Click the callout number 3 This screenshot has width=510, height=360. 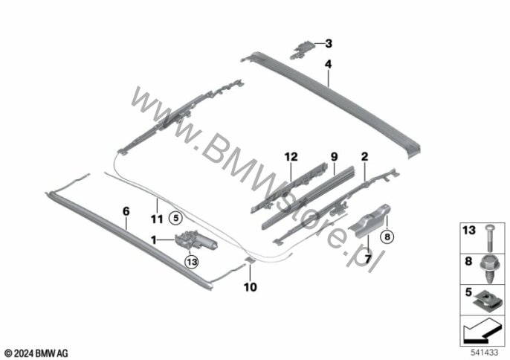point(329,43)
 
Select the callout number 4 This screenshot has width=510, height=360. point(328,64)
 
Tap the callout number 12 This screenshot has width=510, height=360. point(291,157)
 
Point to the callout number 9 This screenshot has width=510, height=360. point(335,157)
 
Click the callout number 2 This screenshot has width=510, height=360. point(364,157)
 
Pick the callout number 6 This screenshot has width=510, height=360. point(126,211)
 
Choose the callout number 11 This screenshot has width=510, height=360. point(157,219)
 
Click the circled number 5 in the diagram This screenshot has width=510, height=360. point(176,219)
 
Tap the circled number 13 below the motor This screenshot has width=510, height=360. point(191,261)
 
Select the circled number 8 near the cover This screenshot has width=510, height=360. point(387,237)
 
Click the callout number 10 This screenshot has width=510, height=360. point(250,287)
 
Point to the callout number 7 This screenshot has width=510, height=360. point(368,260)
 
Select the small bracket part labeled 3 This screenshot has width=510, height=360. point(302,50)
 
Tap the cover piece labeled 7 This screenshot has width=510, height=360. point(369,220)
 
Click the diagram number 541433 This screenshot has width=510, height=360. point(485,353)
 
